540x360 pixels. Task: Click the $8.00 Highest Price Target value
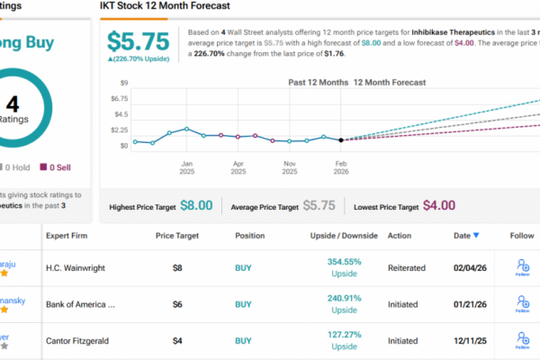click(196, 205)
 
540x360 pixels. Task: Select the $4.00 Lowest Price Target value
click(438, 205)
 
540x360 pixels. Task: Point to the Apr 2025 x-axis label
click(238, 168)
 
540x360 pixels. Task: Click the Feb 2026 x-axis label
click(341, 168)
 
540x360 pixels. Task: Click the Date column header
click(461, 236)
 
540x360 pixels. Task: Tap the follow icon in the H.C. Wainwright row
click(523, 266)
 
